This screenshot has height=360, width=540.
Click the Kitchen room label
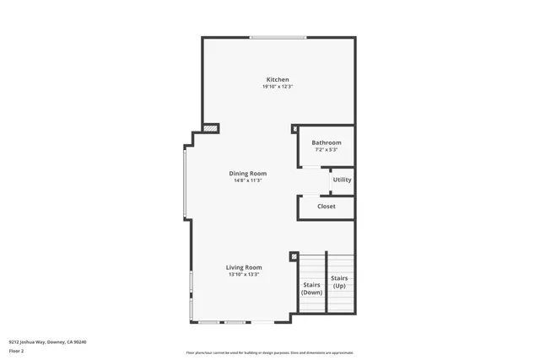click(278, 79)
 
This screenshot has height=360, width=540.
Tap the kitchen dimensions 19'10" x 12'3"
click(278, 87)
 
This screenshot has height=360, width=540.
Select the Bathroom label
click(326, 142)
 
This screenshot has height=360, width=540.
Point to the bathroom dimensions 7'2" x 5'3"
click(326, 150)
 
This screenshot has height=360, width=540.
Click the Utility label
click(342, 180)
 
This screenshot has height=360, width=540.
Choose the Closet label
click(326, 207)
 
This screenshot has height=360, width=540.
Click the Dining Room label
click(248, 173)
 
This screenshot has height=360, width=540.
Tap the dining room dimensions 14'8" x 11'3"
click(248, 180)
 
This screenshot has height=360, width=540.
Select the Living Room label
click(244, 267)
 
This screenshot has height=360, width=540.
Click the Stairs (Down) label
click(311, 288)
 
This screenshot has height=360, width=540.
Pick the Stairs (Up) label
click(339, 282)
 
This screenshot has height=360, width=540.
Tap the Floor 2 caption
click(17, 349)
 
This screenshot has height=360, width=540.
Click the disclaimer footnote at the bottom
click(270, 352)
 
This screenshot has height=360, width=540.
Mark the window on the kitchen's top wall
click(278, 37)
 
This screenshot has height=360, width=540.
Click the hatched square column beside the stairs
click(294, 256)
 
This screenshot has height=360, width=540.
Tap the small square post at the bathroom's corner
click(294, 129)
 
